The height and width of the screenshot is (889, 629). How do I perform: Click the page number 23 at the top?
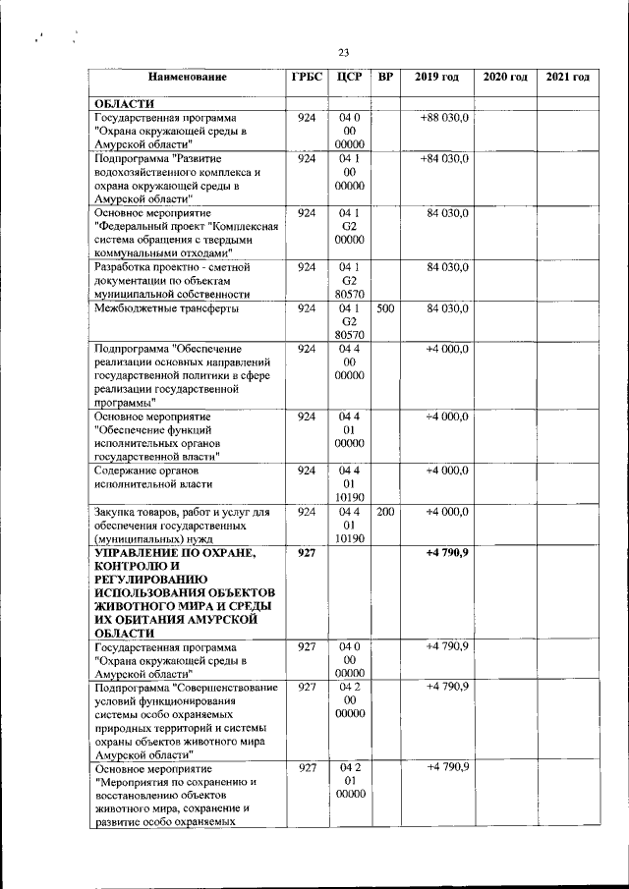tap(343, 53)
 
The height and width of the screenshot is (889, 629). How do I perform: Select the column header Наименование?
tap(188, 77)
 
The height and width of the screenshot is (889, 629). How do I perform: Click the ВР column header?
tap(386, 77)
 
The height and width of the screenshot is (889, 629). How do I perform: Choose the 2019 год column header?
tap(435, 77)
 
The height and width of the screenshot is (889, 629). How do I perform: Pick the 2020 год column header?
tap(504, 77)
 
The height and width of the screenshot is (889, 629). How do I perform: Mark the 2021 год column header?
tap(568, 77)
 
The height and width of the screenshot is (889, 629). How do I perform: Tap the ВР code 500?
tap(386, 308)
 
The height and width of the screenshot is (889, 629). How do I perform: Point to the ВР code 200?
tap(386, 512)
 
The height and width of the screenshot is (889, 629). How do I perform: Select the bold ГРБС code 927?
tap(306, 552)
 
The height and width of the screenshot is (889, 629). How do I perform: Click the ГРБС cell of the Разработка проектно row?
tap(306, 267)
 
